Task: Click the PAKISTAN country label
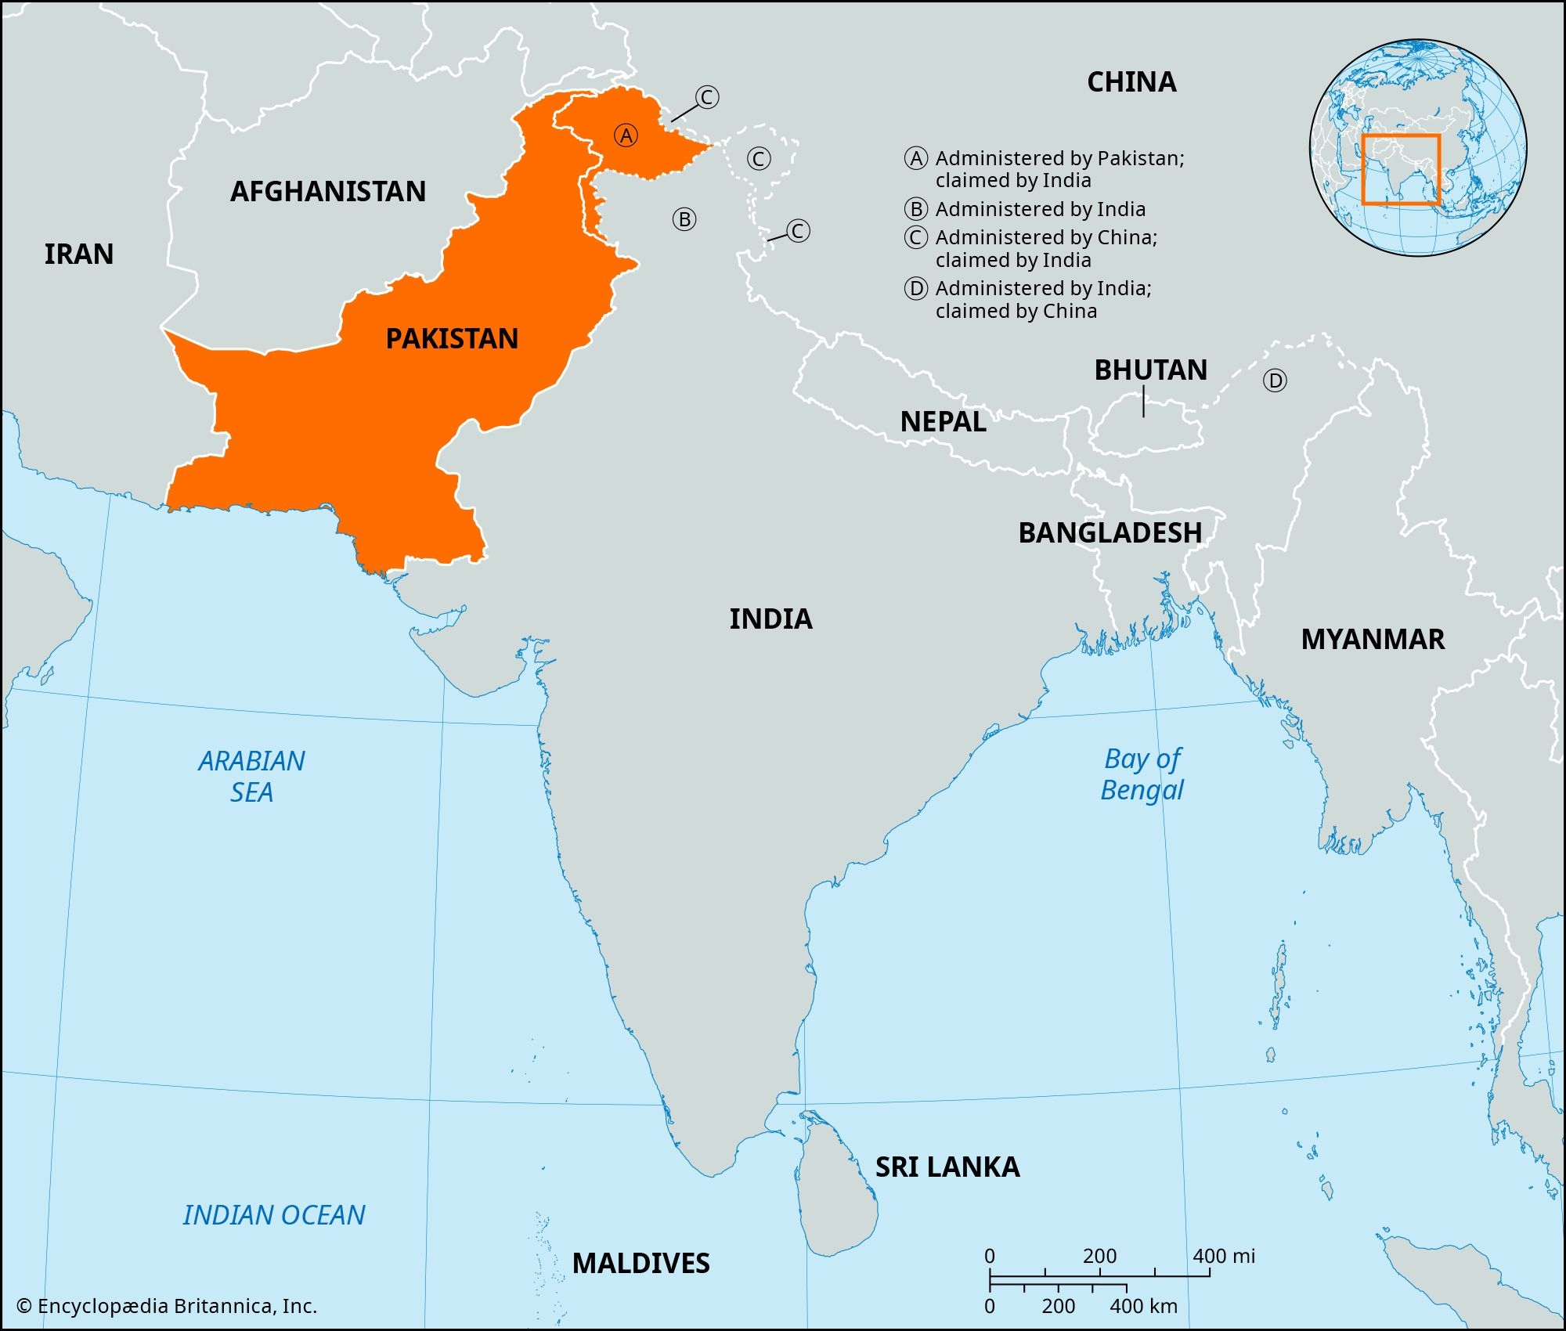[452, 339]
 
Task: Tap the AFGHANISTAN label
[328, 192]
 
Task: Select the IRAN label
[79, 254]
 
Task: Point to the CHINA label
[1131, 82]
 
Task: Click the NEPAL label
[943, 422]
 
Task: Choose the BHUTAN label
[1150, 370]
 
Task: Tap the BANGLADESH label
[1110, 533]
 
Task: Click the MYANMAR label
[1373, 640]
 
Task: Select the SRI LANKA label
[947, 1167]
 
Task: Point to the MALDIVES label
[640, 1264]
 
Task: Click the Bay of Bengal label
[1142, 774]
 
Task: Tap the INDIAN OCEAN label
[274, 1215]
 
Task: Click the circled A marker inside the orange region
[626, 136]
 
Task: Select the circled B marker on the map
[684, 220]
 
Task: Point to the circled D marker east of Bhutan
[1275, 381]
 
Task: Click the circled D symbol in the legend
[916, 289]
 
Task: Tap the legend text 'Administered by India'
[1040, 210]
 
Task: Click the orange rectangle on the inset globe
[1401, 170]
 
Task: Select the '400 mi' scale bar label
[1223, 1257]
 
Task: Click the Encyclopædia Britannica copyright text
[167, 1306]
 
